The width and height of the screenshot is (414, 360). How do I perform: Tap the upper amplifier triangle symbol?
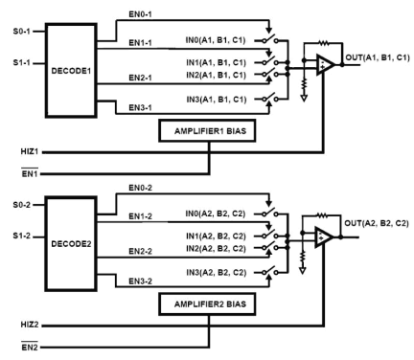click(325, 65)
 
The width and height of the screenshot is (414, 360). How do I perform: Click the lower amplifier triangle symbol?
click(325, 236)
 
